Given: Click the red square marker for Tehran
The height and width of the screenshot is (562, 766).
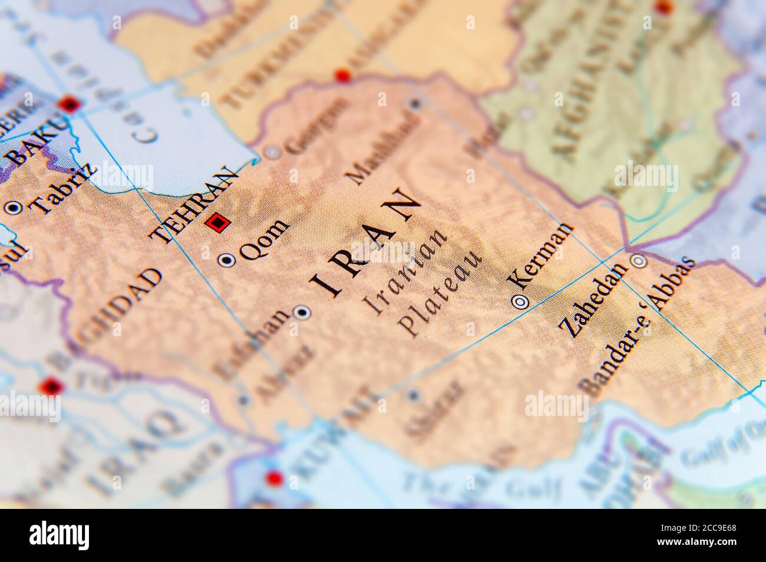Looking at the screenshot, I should pyautogui.click(x=217, y=223).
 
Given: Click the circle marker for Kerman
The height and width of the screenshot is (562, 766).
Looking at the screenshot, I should pyautogui.click(x=520, y=302).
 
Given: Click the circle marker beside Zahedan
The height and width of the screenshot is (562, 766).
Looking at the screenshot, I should pyautogui.click(x=638, y=261).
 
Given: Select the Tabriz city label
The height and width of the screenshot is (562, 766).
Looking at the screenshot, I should pyautogui.click(x=64, y=186).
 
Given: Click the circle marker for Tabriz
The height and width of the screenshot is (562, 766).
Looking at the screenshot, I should pyautogui.click(x=13, y=208).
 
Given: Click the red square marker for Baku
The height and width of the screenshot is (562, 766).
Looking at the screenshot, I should pyautogui.click(x=70, y=106).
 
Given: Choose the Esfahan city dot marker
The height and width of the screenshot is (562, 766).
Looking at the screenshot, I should pyautogui.click(x=303, y=313).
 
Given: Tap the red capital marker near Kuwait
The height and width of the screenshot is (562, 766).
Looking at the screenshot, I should pyautogui.click(x=273, y=478).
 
